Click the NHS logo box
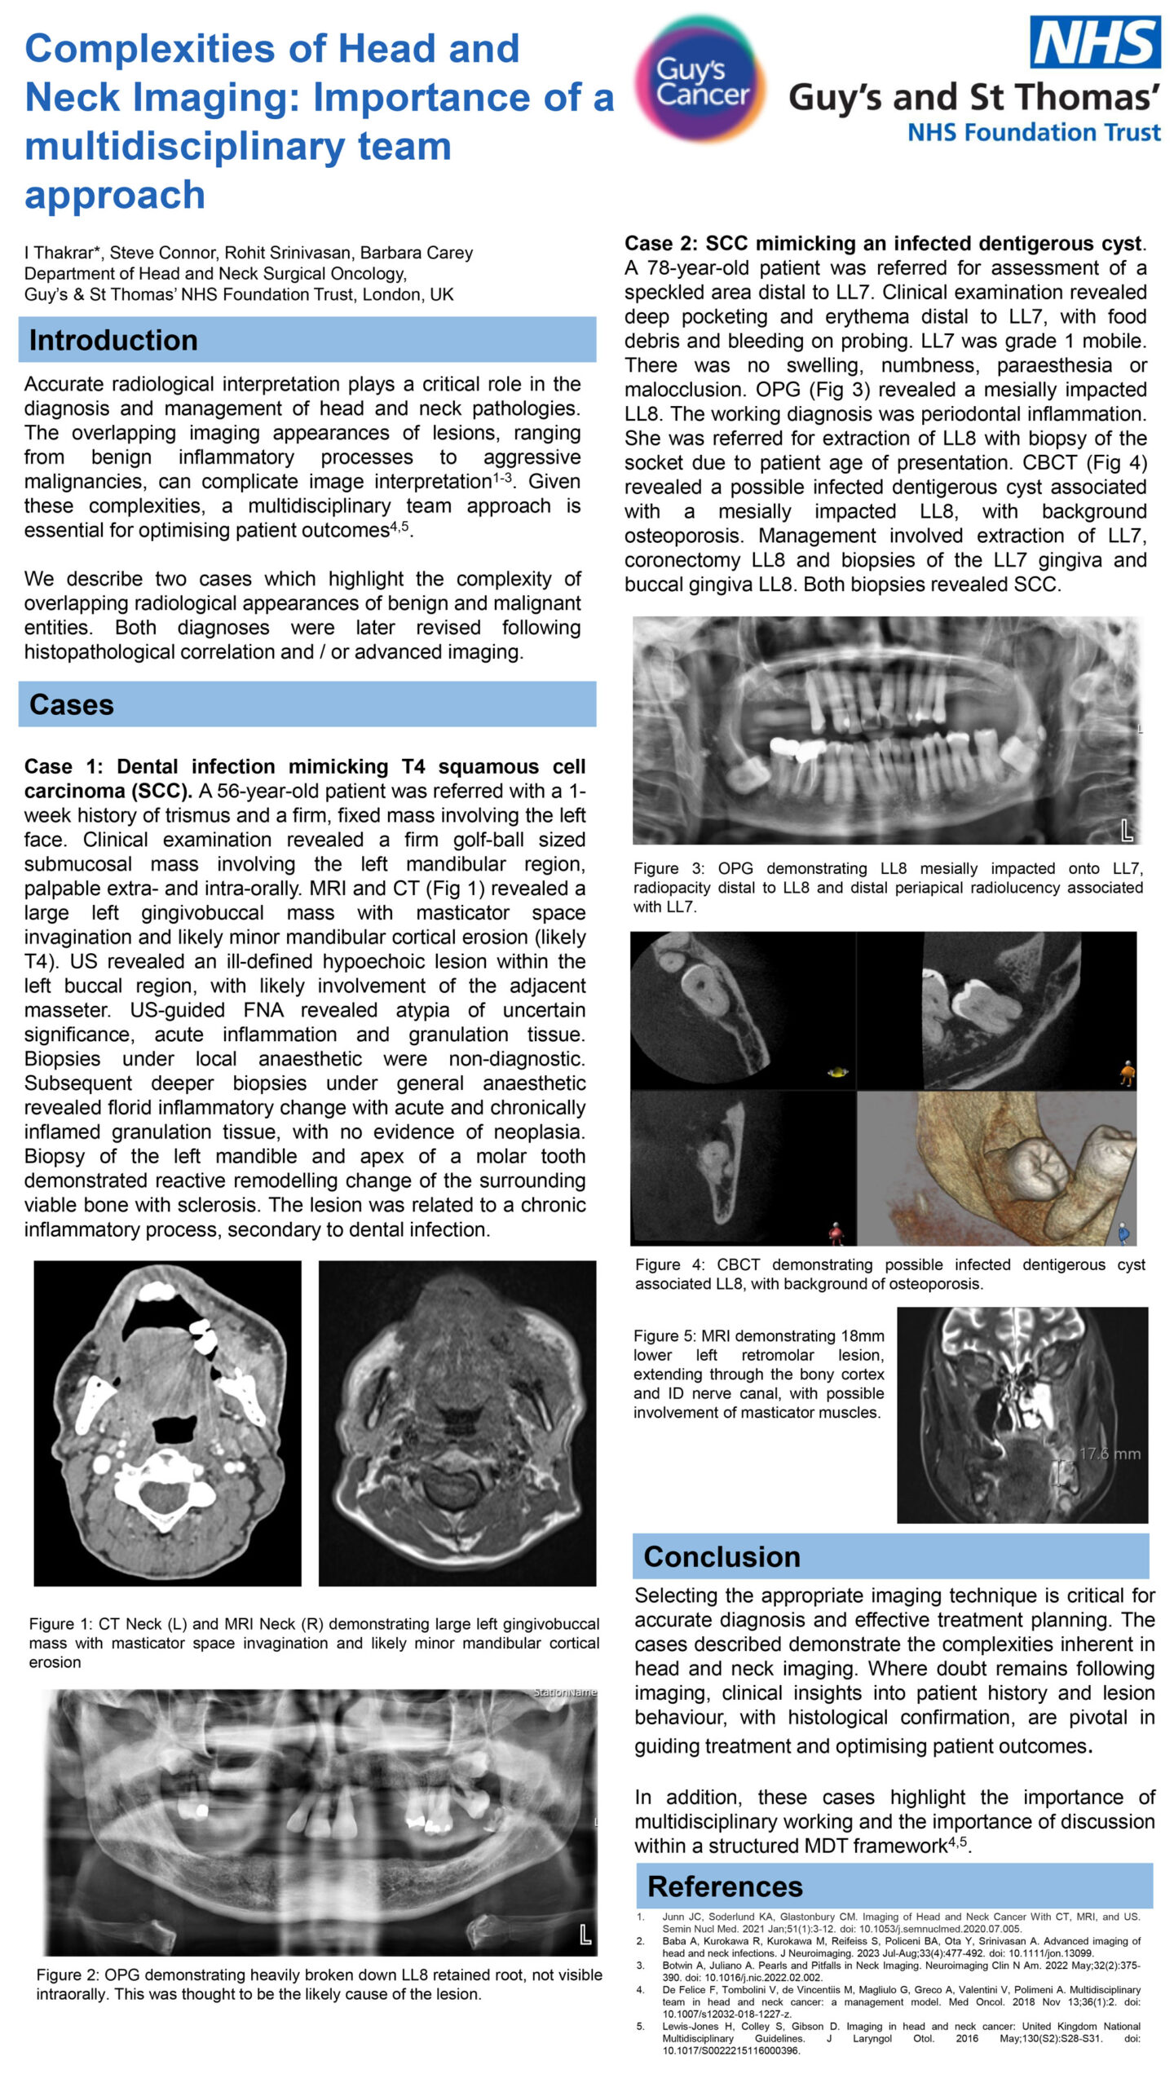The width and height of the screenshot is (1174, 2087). point(1095,42)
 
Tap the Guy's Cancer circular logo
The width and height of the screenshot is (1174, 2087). point(700,80)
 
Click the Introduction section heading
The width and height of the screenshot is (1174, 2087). point(113,340)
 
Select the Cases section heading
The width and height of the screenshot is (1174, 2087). point(72,704)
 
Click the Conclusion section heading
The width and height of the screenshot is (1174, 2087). point(722,1556)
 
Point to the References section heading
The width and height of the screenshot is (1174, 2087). point(724,1886)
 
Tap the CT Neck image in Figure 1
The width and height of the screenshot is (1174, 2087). point(167,1423)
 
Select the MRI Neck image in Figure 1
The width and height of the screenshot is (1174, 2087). point(457,1423)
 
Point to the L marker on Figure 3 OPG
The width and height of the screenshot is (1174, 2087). point(1127,831)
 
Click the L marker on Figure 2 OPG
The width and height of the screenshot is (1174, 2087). point(585,1935)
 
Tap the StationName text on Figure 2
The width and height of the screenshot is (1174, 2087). point(564,1692)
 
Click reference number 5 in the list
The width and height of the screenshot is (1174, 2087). point(641,2026)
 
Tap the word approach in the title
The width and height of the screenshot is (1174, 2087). point(115,194)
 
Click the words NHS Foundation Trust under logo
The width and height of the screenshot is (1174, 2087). point(1034,132)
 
